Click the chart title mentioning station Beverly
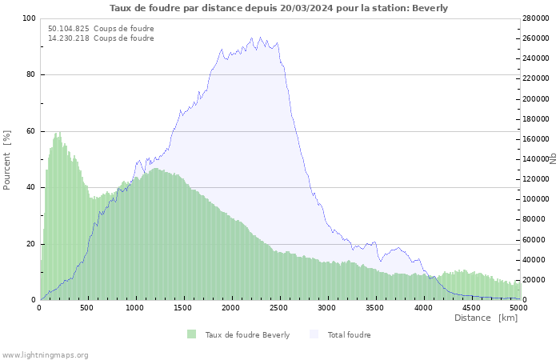[x=278, y=8]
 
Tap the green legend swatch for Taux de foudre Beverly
[x=191, y=334]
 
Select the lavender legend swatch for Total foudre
[x=314, y=334]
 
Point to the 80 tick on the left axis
[x=30, y=75]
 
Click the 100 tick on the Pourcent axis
[x=28, y=18]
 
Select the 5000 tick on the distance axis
[x=518, y=307]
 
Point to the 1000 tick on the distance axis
[x=135, y=307]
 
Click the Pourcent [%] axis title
[x=7, y=159]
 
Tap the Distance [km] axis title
[x=486, y=318]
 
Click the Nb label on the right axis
[x=553, y=158]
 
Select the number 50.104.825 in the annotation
[x=68, y=29]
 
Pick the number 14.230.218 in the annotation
[x=68, y=38]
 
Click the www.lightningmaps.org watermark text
[x=46, y=355]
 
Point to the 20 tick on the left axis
[x=30, y=244]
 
